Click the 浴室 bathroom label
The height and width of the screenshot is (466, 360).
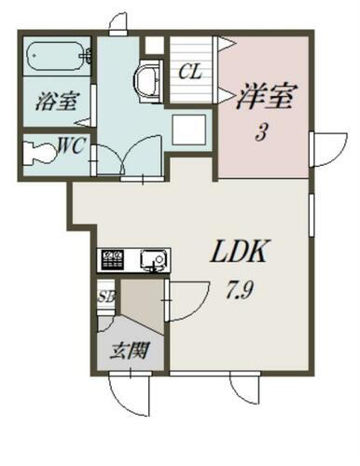[x=56, y=101]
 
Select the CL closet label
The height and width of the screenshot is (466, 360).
[x=191, y=70]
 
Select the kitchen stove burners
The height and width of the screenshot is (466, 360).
[x=112, y=258]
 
